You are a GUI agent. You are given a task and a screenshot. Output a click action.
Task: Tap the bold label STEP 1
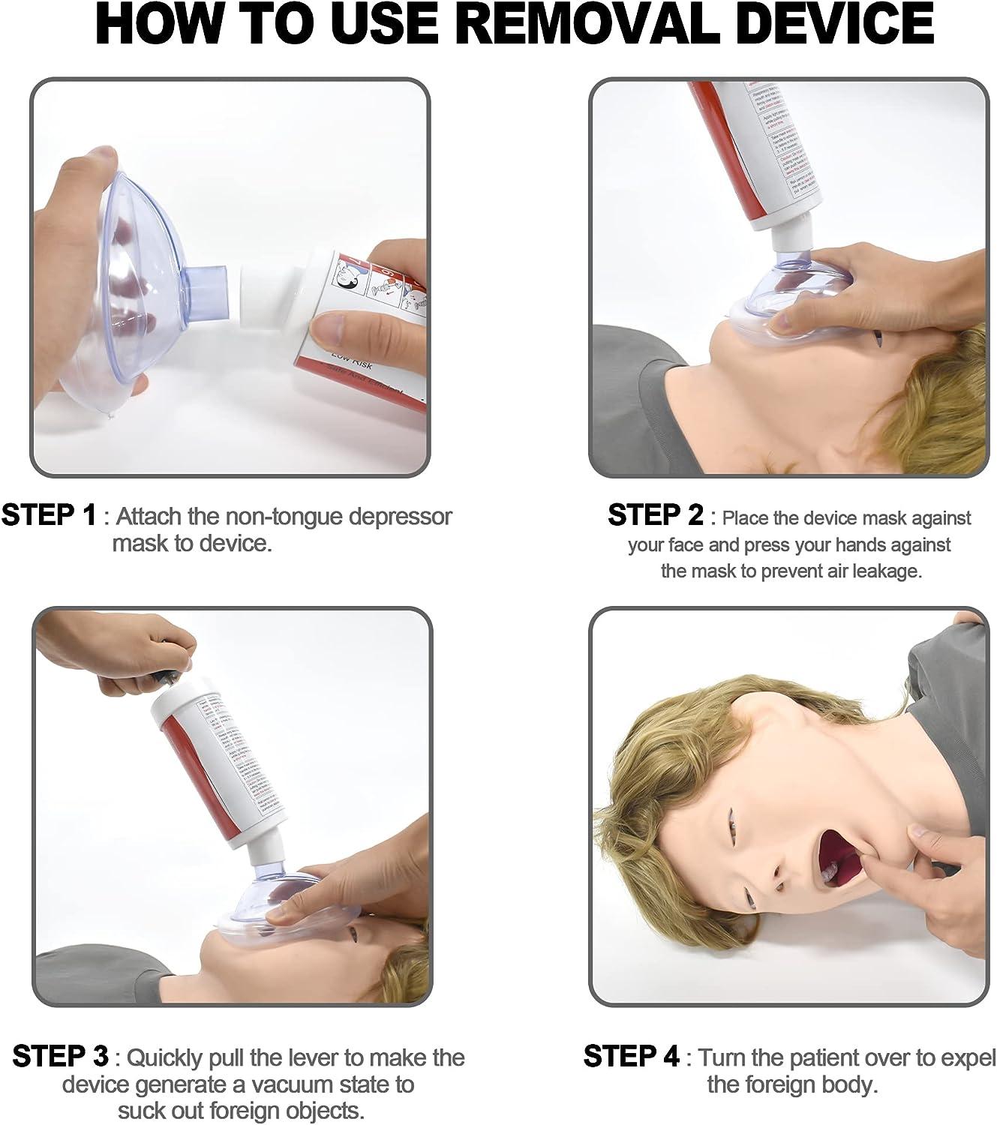50,516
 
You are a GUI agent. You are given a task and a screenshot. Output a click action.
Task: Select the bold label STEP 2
655,516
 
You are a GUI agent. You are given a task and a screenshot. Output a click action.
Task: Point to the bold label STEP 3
61,1057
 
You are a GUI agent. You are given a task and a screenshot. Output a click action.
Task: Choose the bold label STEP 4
631,1057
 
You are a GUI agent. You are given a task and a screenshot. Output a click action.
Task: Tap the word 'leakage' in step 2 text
885,571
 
